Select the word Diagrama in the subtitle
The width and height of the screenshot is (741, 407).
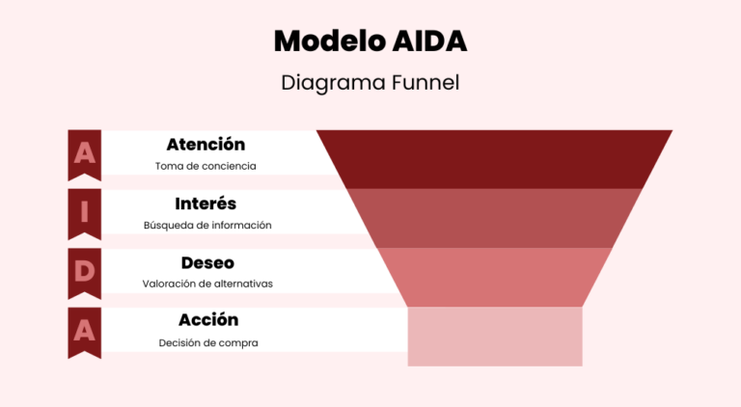pos(322,83)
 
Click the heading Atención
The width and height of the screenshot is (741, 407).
pos(206,145)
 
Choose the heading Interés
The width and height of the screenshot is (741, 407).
pos(206,203)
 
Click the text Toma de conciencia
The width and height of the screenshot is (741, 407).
pos(206,166)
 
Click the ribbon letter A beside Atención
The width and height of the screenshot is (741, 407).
pos(85,153)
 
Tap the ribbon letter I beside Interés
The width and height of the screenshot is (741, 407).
pos(85,212)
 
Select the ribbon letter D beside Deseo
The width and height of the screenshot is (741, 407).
pos(85,271)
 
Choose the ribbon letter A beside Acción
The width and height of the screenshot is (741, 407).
pos(85,330)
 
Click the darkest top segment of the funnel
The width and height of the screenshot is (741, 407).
pos(494,158)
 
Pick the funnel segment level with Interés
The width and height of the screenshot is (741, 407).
pos(494,218)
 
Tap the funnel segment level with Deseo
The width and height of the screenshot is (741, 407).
pos(494,277)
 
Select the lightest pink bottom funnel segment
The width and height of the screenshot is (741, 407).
pos(494,336)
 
